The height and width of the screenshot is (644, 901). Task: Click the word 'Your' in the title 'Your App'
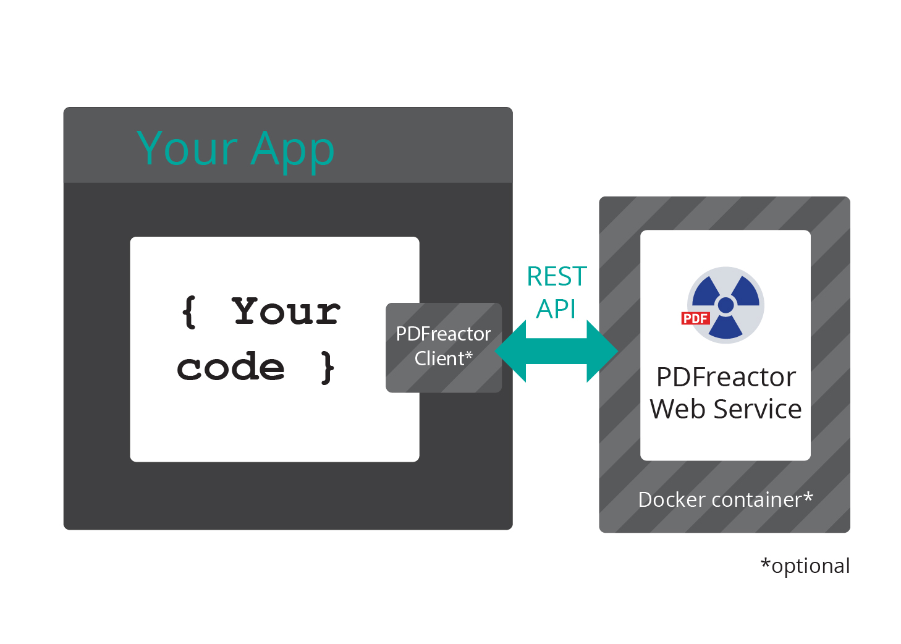187,149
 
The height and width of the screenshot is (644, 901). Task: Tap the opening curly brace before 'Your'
189,311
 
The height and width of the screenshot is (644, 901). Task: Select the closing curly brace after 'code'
328,368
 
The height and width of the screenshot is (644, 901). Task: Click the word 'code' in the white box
231,368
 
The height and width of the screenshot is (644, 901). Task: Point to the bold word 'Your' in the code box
286,311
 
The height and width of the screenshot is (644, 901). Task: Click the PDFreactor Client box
443,347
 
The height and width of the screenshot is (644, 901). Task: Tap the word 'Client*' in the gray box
443,358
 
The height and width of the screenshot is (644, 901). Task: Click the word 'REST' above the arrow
556,277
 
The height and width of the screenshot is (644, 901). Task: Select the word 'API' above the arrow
556,309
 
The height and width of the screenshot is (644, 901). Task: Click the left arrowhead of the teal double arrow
512,351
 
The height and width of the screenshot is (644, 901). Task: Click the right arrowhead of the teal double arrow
602,351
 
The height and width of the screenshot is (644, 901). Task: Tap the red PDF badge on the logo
695,318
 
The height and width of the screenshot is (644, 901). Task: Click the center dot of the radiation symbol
726,305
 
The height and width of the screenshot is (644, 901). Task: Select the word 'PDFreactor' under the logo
725,377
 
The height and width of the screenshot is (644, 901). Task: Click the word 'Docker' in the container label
670,499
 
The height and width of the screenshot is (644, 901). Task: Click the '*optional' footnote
805,566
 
